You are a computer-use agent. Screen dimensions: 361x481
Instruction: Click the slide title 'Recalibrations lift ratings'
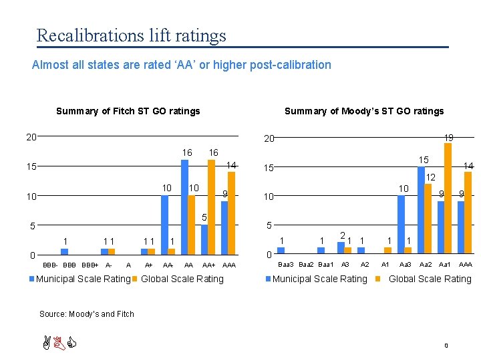(131, 35)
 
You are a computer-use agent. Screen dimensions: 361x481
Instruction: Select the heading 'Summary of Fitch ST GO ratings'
(128, 111)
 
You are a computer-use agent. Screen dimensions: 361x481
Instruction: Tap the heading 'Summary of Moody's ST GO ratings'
(364, 111)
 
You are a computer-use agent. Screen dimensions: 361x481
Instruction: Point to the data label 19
(448, 137)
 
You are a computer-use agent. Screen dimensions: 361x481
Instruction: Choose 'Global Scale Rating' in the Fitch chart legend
(182, 279)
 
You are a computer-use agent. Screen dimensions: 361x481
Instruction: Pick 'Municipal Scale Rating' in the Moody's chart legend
(320, 279)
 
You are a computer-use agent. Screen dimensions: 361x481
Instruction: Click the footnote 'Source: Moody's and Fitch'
(86, 314)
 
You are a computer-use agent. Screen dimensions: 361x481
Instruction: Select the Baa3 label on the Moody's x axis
(287, 265)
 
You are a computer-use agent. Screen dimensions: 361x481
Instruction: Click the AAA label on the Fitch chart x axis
(228, 265)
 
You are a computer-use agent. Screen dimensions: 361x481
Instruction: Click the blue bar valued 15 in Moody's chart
(421, 210)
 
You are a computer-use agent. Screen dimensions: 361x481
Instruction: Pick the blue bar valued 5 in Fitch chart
(204, 239)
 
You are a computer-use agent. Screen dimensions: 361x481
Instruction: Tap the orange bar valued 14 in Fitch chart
(231, 213)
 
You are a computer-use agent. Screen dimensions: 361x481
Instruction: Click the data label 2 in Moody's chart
(341, 235)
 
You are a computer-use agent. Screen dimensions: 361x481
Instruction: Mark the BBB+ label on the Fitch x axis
(90, 265)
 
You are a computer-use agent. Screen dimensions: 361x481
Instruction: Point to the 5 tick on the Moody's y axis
(269, 226)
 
